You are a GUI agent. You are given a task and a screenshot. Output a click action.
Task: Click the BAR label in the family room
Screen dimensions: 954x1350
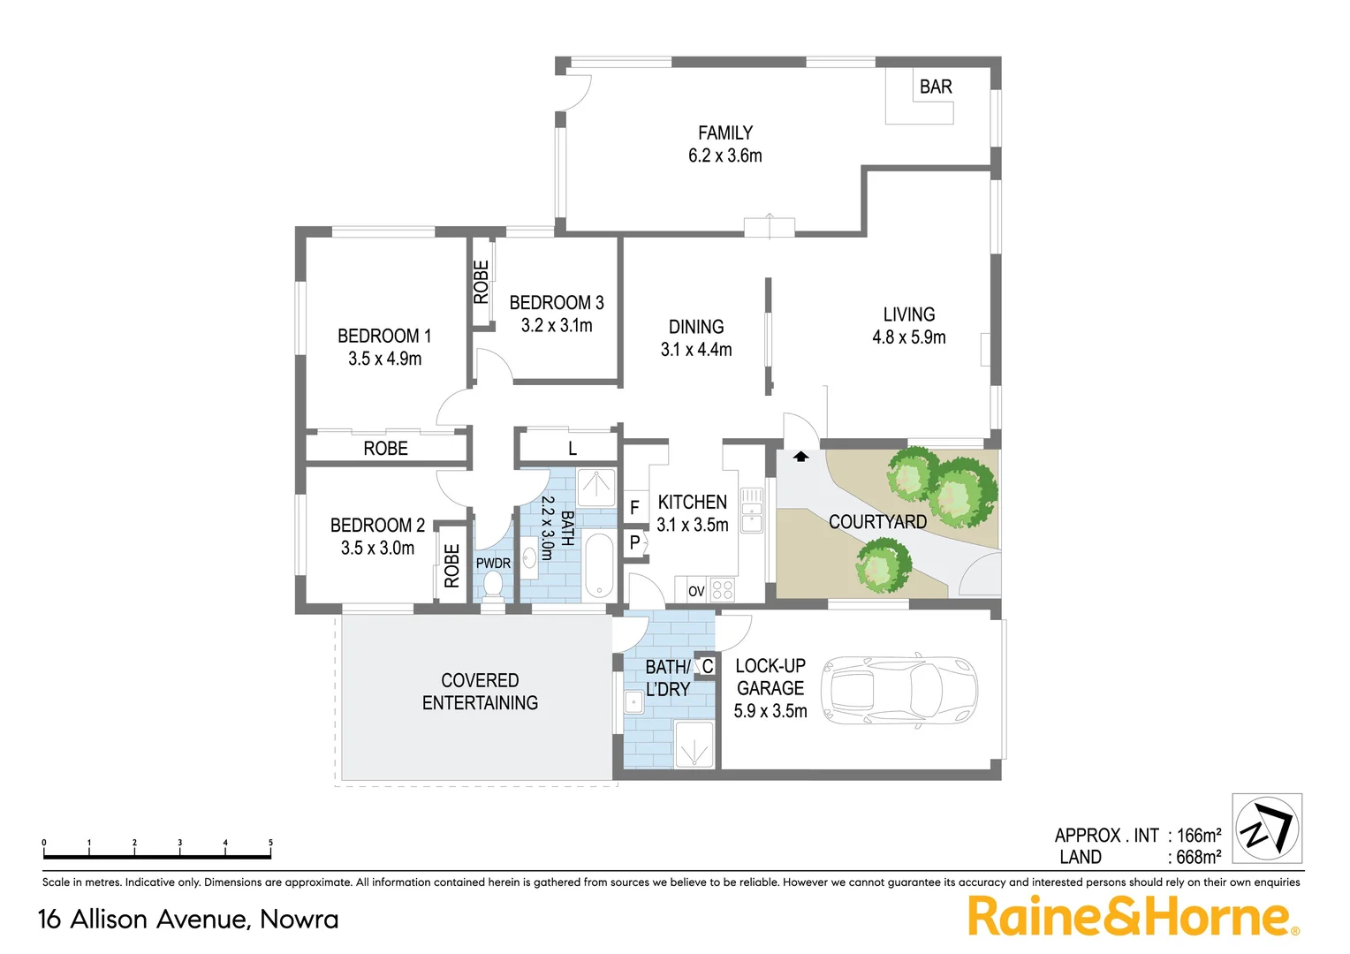(x=936, y=87)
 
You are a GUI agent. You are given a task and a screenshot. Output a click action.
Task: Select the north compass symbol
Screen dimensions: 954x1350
(x=1267, y=829)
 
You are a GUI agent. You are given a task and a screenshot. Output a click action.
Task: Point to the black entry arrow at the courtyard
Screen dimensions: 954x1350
(x=800, y=457)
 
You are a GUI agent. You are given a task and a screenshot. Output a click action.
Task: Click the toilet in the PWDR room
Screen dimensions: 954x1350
(x=492, y=583)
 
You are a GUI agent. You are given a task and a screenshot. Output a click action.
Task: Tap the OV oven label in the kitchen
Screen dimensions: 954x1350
(x=696, y=591)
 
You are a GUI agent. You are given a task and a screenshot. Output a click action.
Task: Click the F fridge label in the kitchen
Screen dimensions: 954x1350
(x=634, y=508)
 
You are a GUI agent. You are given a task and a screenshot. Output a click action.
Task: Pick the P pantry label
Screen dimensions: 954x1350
(x=634, y=543)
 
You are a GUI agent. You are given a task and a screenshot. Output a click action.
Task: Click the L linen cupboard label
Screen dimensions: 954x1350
(x=573, y=449)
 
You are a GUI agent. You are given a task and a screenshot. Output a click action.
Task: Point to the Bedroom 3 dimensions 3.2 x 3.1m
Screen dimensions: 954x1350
(x=557, y=325)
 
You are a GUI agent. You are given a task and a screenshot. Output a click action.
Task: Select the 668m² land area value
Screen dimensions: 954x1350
(x=1198, y=857)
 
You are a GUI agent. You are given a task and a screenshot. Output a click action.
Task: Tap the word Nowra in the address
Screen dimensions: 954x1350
(x=299, y=920)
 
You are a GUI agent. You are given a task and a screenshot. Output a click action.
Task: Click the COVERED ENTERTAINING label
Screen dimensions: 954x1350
(x=480, y=692)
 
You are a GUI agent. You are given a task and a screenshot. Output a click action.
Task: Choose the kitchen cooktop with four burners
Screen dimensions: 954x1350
(x=722, y=589)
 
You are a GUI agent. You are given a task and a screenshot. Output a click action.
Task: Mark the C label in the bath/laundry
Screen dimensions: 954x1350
(x=707, y=667)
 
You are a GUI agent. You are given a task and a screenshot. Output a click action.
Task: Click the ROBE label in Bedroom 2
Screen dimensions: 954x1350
(x=451, y=565)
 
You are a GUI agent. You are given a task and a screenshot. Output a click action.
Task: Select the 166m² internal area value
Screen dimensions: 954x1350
(x=1198, y=835)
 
